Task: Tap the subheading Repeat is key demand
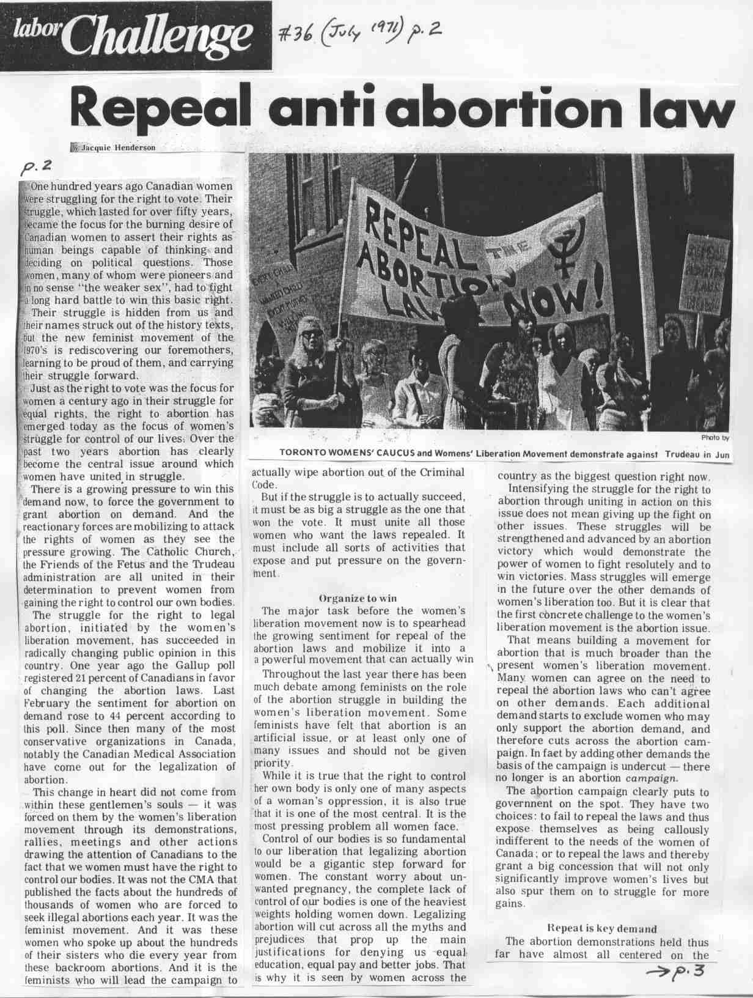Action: point(601,929)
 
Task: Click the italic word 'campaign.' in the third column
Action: point(652,779)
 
